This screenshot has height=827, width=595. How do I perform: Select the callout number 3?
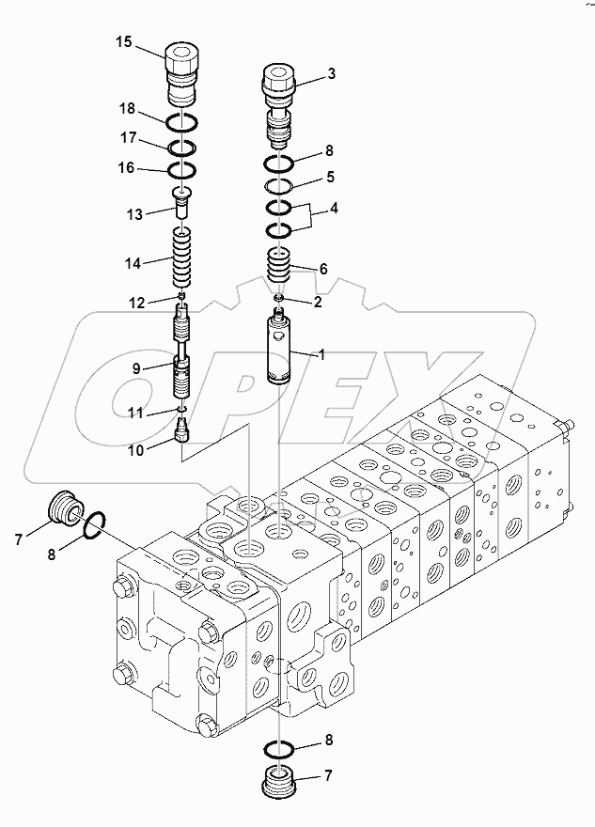point(331,72)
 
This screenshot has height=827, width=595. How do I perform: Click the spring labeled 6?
point(280,267)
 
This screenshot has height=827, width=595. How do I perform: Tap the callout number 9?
point(136,368)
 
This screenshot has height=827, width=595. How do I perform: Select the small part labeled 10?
point(183,430)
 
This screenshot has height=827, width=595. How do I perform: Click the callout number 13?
point(135,215)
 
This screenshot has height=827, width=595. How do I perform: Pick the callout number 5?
point(331,176)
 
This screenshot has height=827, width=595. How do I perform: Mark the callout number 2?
point(318,302)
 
